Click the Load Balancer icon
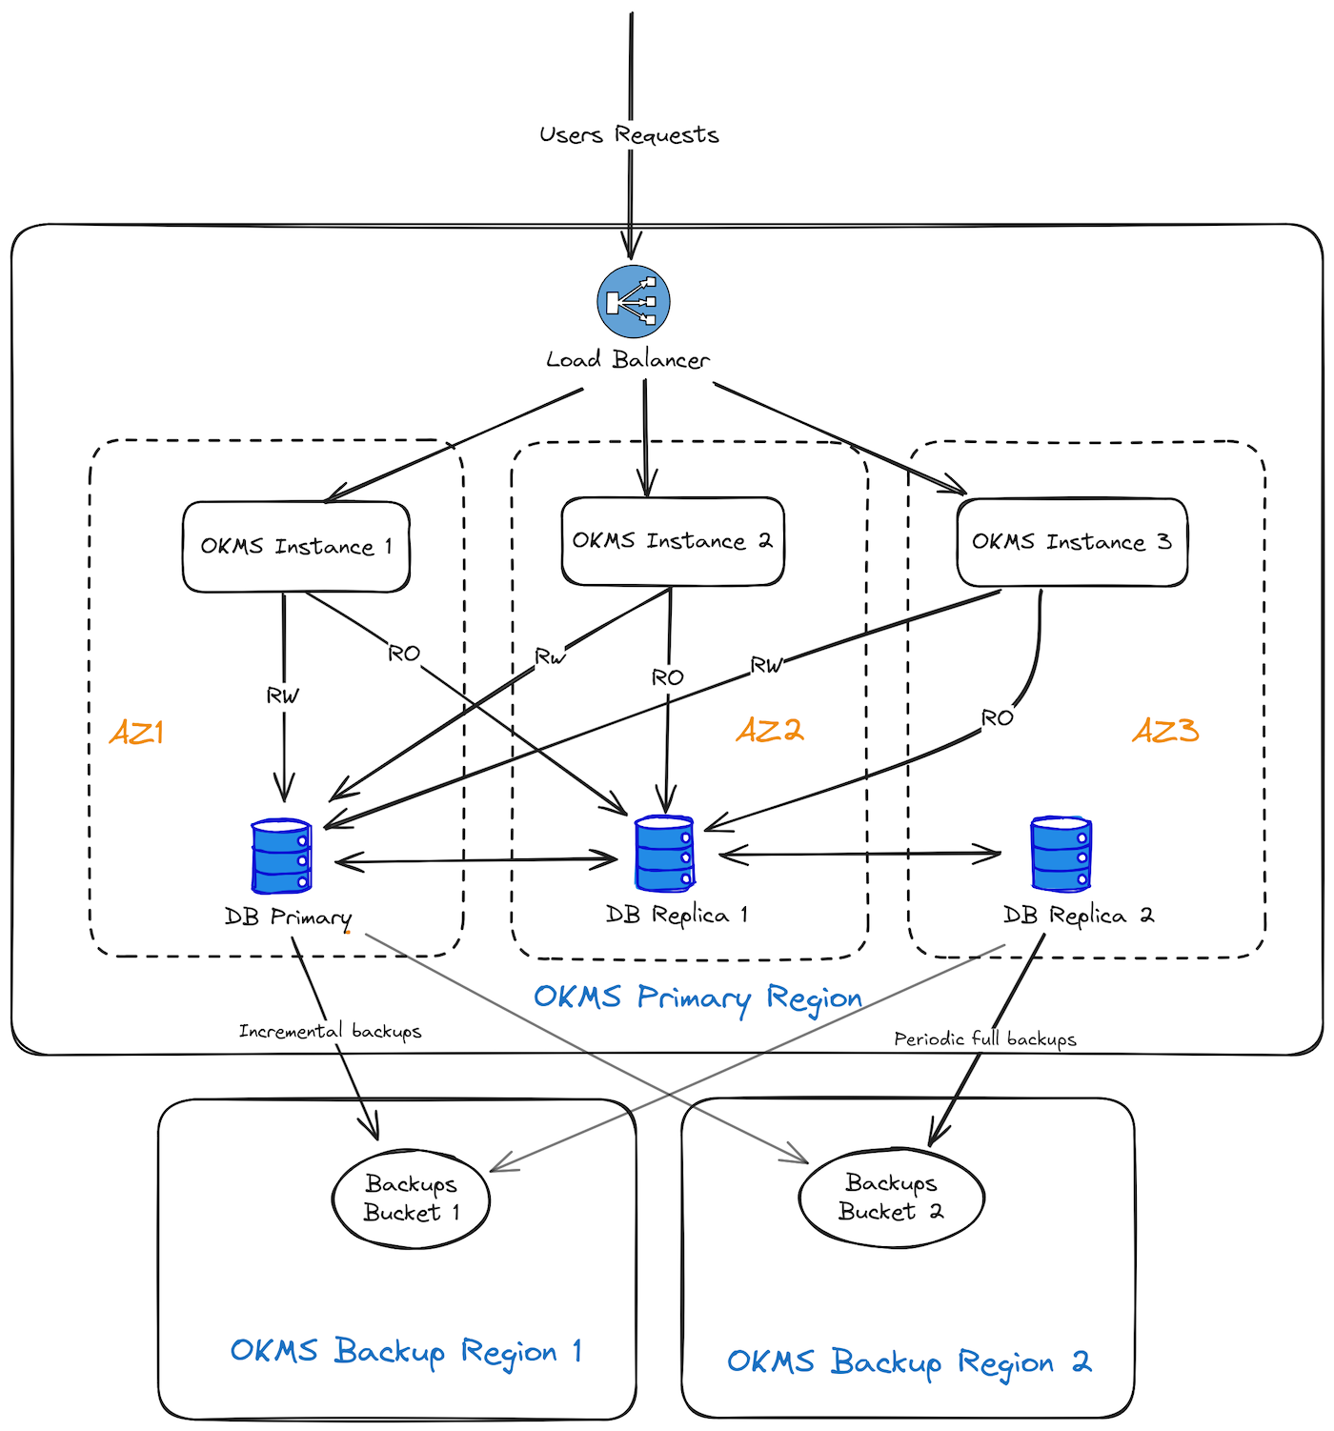pos(634,302)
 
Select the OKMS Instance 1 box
pos(296,547)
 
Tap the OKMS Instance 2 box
pos(672,541)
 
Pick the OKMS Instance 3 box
pos(1072,542)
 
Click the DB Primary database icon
pos(282,857)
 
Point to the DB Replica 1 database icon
pos(665,854)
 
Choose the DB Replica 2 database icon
pos(1061,854)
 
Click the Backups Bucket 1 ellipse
pos(411,1199)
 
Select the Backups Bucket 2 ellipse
pos(891,1198)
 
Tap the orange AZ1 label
pos(137,733)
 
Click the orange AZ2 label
pos(770,731)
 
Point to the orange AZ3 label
pos(1165,731)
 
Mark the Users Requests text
pos(629,135)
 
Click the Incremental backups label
pos(330,1031)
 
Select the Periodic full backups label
pos(985,1038)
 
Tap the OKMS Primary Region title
pos(697,998)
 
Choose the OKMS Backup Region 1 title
pos(406,1351)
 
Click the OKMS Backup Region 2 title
pos(909,1361)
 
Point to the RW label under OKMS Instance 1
pos(283,696)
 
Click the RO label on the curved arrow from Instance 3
pos(998,718)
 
